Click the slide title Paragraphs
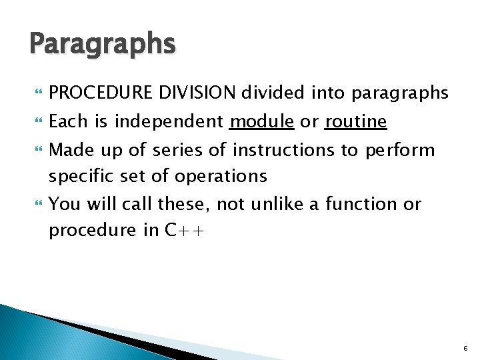[103, 45]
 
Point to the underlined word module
[261, 121]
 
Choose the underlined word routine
[355, 121]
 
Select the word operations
[221, 177]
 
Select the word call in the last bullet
[121, 204]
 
